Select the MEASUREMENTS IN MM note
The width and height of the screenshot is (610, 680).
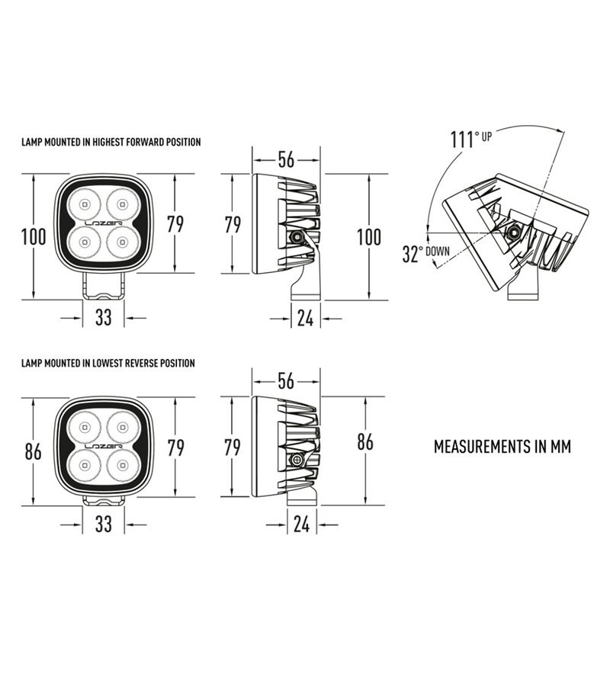coord(502,446)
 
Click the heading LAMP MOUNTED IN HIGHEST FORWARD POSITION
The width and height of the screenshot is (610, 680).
coord(111,142)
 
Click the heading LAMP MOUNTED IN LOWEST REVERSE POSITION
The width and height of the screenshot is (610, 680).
coord(108,364)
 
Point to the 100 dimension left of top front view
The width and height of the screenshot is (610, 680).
coord(34,236)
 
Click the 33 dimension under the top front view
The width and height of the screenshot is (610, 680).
coord(103,317)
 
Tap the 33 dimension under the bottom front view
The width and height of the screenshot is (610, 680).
coord(103,524)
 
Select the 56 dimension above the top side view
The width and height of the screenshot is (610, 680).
coord(285,159)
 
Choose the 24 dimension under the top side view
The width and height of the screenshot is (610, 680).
coord(305,318)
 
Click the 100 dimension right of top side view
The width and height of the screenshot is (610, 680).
coord(369,236)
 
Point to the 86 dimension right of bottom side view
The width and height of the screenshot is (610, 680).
coord(366,442)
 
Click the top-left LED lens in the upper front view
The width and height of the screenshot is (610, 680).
coord(84,204)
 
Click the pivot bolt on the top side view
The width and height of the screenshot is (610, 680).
coord(296,238)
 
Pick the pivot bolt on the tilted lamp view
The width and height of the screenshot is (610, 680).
coord(516,232)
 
